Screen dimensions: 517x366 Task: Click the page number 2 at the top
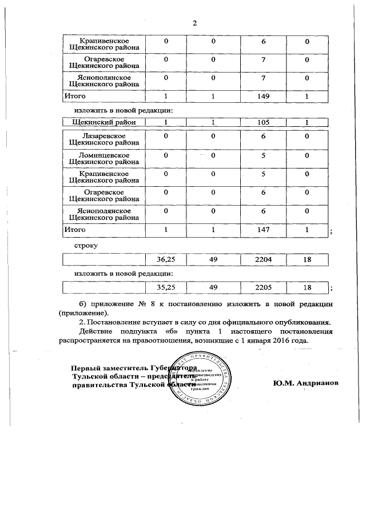coord(194,23)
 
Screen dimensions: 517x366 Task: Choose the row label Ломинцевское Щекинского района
coord(104,159)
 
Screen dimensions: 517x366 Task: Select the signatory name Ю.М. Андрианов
coord(306,382)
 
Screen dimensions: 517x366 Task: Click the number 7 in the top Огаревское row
coord(263,60)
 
